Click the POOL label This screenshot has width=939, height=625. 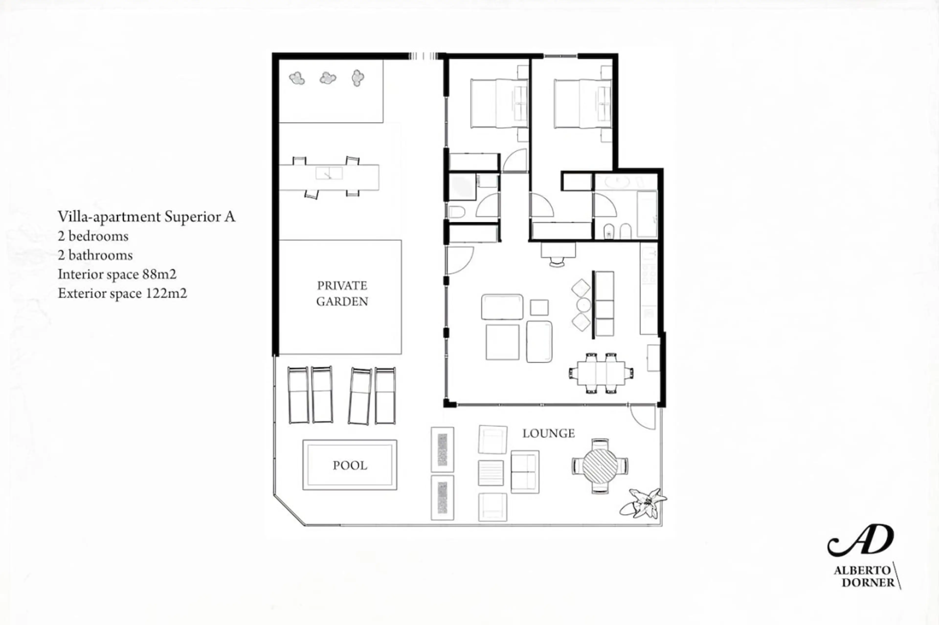point(350,465)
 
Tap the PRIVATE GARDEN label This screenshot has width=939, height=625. point(342,293)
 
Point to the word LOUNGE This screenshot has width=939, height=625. point(549,433)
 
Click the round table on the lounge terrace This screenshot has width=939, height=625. point(600,466)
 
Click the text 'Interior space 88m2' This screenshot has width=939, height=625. point(117,274)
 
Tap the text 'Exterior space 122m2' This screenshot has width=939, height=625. point(122,293)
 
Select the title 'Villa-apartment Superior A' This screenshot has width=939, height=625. point(146,216)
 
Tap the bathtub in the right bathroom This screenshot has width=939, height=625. point(647,214)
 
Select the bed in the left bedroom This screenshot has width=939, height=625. point(499,103)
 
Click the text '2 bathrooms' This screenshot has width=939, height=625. point(95,255)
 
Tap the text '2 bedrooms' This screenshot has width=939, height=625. point(93,236)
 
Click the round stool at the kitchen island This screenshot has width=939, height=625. point(583,305)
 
